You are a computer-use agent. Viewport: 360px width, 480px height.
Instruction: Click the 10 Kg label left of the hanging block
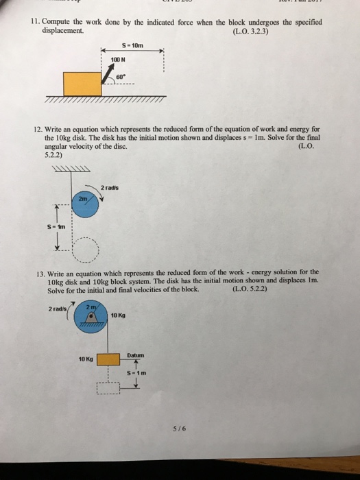click(x=86, y=359)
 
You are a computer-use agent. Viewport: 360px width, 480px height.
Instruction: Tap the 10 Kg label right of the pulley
click(x=119, y=315)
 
